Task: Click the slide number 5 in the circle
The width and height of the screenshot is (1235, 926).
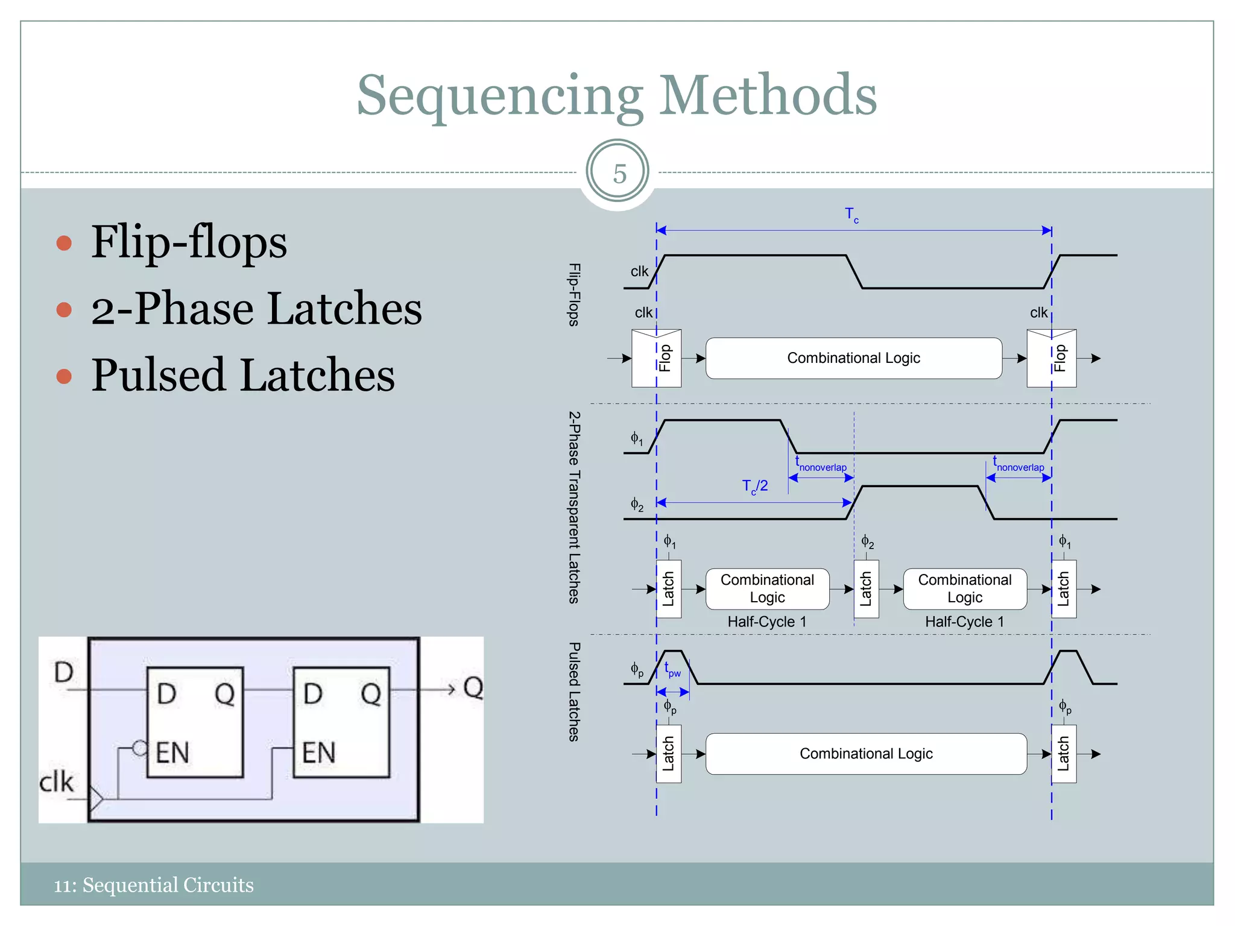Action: pos(618,174)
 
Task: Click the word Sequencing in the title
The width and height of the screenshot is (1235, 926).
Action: pos(499,96)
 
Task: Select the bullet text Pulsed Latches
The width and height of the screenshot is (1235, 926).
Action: pos(243,375)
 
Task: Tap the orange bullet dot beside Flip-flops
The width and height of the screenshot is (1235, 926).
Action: pos(64,243)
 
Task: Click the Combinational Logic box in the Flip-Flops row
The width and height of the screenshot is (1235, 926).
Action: pos(853,358)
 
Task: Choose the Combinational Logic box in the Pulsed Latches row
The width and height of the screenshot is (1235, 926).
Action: pos(865,754)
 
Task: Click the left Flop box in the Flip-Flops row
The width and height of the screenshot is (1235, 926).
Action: pos(656,358)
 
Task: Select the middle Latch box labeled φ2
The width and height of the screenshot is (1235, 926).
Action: pos(866,589)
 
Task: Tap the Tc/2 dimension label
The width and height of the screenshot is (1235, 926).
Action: pos(754,487)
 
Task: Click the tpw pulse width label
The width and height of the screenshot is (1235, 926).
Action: pos(672,670)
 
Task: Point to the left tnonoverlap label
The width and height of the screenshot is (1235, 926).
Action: pos(821,465)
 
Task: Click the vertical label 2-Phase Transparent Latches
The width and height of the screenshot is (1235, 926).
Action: pos(575,507)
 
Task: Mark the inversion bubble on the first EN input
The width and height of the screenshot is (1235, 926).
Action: pos(139,749)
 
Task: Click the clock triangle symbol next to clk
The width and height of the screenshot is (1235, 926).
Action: pos(96,799)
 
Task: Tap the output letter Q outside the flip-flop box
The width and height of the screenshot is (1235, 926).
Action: pos(473,687)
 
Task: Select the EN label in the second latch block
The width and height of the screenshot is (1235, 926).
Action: pos(318,753)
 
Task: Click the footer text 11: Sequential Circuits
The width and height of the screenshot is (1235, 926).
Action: pos(154,885)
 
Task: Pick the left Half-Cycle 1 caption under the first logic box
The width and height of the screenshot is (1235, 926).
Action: pos(766,622)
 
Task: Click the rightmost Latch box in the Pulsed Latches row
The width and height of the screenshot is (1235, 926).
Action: pos(1064,754)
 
